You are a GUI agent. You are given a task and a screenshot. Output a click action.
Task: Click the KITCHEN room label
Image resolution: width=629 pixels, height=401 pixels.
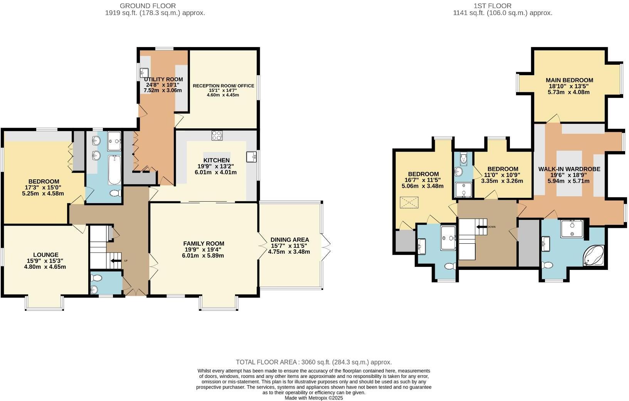pyautogui.click(x=216, y=160)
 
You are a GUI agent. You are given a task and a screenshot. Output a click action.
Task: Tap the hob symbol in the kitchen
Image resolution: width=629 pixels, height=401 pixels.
pyautogui.click(x=217, y=136)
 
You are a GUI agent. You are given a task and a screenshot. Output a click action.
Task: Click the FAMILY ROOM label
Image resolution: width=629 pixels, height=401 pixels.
pyautogui.click(x=203, y=244)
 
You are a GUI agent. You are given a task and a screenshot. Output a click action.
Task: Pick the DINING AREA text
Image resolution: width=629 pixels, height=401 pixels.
pyautogui.click(x=289, y=240)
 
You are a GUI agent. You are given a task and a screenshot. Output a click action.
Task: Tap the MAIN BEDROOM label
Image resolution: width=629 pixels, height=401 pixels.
pyautogui.click(x=569, y=80)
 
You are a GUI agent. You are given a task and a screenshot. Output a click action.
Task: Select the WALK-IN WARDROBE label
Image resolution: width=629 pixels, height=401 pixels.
pyautogui.click(x=569, y=169)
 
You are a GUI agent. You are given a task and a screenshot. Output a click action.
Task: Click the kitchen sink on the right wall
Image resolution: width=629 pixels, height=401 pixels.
pyautogui.click(x=252, y=157)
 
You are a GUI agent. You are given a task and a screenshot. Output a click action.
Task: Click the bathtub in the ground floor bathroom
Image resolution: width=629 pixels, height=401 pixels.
pyautogui.click(x=114, y=170)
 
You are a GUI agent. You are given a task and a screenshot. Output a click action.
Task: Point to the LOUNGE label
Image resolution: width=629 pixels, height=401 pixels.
pyautogui.click(x=45, y=255)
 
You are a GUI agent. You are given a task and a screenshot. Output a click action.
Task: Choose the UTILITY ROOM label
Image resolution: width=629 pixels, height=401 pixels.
pyautogui.click(x=163, y=79)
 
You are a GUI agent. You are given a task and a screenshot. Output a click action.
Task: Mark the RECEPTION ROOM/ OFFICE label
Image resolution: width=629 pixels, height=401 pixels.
pyautogui.click(x=224, y=86)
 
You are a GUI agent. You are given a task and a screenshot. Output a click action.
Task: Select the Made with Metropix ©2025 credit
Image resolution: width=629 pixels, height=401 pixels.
pyautogui.click(x=313, y=398)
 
